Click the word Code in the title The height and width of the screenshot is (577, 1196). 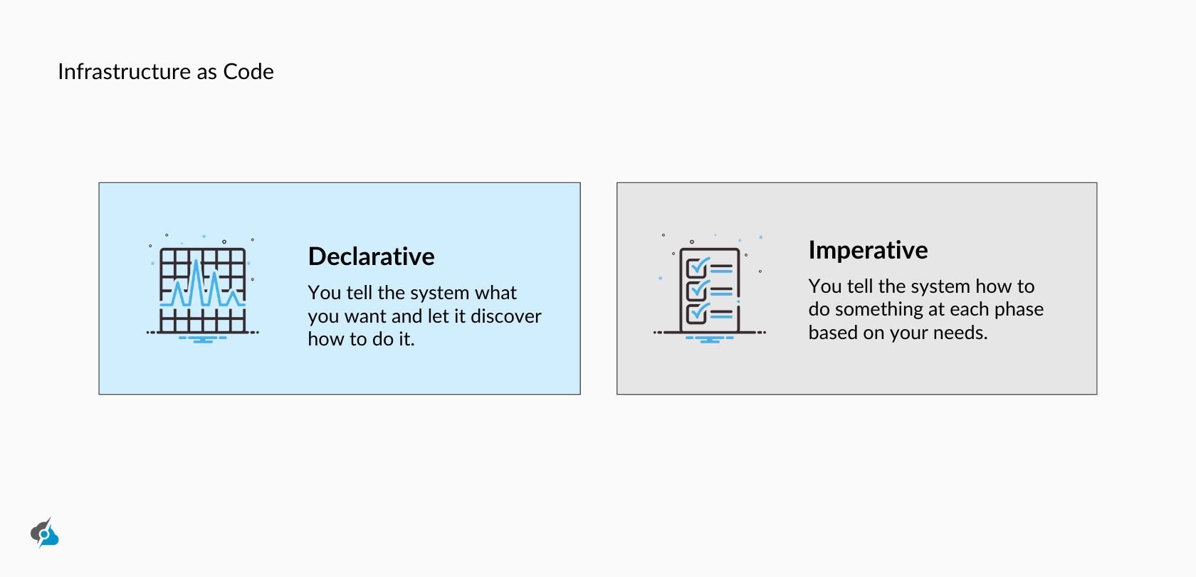pyautogui.click(x=248, y=72)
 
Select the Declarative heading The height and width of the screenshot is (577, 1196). pyautogui.click(x=371, y=256)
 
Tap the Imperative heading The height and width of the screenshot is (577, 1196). pyautogui.click(x=868, y=250)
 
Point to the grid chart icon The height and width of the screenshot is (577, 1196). pyautogui.click(x=203, y=291)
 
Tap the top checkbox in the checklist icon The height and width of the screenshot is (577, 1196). pyautogui.click(x=696, y=268)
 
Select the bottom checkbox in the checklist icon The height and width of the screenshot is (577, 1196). pyautogui.click(x=696, y=313)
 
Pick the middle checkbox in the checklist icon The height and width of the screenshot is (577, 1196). pyautogui.click(x=696, y=291)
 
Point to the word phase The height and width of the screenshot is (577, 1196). pyautogui.click(x=1019, y=310)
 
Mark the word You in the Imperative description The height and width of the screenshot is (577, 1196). pyautogui.click(x=825, y=286)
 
